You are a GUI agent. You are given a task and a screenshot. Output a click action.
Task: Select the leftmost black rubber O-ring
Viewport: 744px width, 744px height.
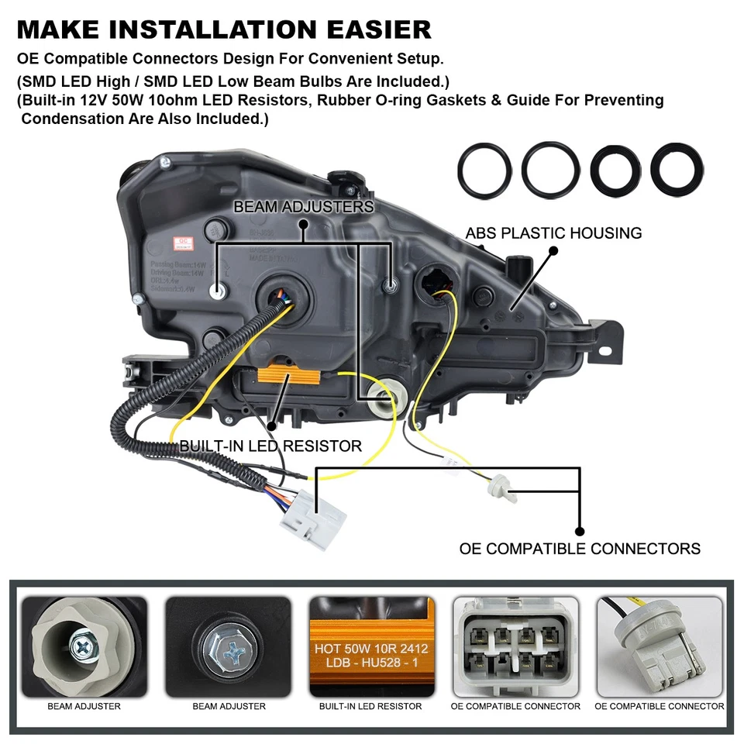coord(484,169)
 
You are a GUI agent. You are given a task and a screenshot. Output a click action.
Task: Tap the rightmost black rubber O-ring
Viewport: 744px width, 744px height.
coord(677,169)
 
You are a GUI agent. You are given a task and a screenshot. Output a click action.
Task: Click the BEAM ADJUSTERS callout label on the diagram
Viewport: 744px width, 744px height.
coord(303,207)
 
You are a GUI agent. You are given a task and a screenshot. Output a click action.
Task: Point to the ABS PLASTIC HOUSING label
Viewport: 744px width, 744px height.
coord(553,232)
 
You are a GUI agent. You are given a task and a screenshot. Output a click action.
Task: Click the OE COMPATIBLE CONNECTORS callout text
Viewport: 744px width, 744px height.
coord(580,549)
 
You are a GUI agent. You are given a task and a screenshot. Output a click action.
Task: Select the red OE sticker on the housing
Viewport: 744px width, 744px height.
coord(184,242)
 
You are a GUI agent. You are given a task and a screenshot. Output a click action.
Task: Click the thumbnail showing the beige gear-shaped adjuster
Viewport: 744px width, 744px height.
coord(84,646)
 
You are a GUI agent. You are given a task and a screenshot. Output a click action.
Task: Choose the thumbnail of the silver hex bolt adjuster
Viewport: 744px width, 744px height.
coord(229,646)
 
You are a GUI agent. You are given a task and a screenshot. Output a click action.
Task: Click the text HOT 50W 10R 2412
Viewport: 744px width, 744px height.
coord(370,649)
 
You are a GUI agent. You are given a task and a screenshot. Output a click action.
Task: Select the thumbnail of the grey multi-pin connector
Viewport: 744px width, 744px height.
coord(515,646)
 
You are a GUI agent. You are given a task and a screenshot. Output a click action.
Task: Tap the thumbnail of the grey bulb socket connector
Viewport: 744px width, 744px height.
coord(660,646)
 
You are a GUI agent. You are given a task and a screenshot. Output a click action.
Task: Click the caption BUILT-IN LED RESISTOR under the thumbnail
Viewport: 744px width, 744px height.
coord(370,706)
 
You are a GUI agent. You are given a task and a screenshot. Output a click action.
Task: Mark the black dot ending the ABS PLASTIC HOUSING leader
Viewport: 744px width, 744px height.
coord(553,251)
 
